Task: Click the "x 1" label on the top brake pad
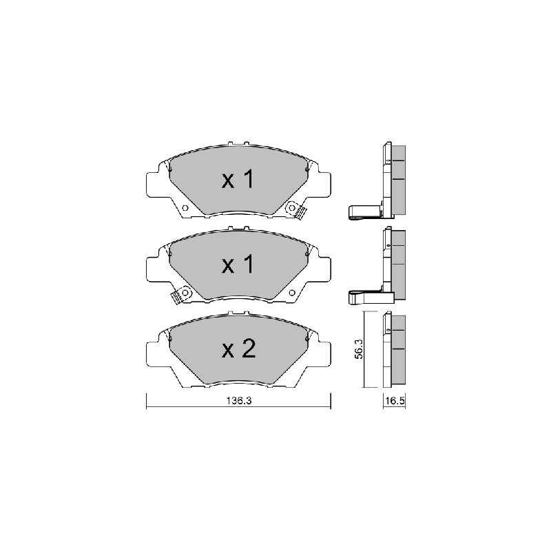238,179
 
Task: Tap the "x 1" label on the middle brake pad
238,264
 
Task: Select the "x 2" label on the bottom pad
238,349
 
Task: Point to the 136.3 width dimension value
239,401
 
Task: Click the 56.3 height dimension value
359,349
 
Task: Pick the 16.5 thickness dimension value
395,401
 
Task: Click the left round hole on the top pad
185,208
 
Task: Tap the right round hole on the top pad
291,208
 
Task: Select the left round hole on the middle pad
185,292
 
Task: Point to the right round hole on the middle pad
291,292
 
